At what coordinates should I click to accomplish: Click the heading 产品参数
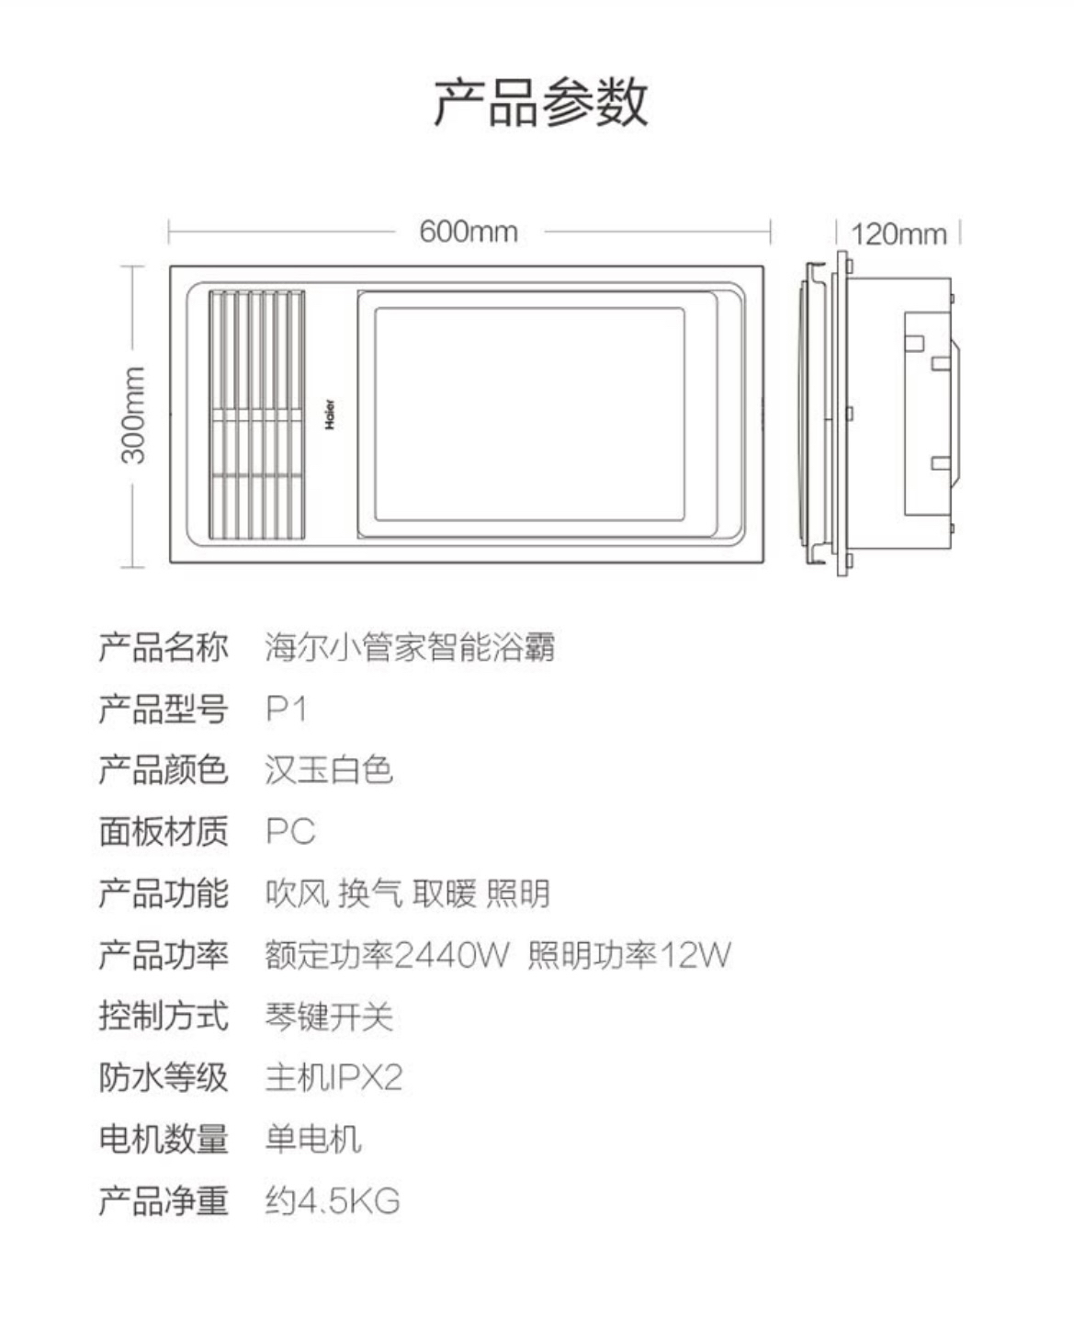pyautogui.click(x=540, y=101)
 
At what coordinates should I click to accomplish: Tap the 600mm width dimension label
pyautogui.click(x=469, y=232)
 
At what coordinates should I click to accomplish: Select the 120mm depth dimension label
pyautogui.click(x=898, y=234)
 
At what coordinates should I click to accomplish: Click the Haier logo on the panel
pyautogui.click(x=329, y=415)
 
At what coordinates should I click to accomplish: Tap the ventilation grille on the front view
pyautogui.click(x=256, y=415)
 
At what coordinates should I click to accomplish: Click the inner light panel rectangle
pyautogui.click(x=529, y=415)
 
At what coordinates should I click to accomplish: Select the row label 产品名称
pyautogui.click(x=163, y=647)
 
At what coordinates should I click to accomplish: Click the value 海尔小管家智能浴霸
pyautogui.click(x=410, y=647)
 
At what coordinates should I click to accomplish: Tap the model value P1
pyautogui.click(x=286, y=709)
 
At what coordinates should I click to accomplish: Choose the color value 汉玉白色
pyautogui.click(x=329, y=769)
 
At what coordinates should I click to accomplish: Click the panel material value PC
pyautogui.click(x=290, y=831)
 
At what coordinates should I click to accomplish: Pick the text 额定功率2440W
pyautogui.click(x=386, y=955)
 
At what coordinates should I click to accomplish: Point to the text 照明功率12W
pyautogui.click(x=629, y=955)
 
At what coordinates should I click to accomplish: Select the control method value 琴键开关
pyautogui.click(x=329, y=1017)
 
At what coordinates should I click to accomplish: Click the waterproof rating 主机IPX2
pyautogui.click(x=334, y=1077)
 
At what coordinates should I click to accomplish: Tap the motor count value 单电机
pyautogui.click(x=313, y=1139)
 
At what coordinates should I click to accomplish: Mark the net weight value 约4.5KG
pyautogui.click(x=333, y=1200)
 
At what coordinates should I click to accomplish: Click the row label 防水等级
pyautogui.click(x=163, y=1077)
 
